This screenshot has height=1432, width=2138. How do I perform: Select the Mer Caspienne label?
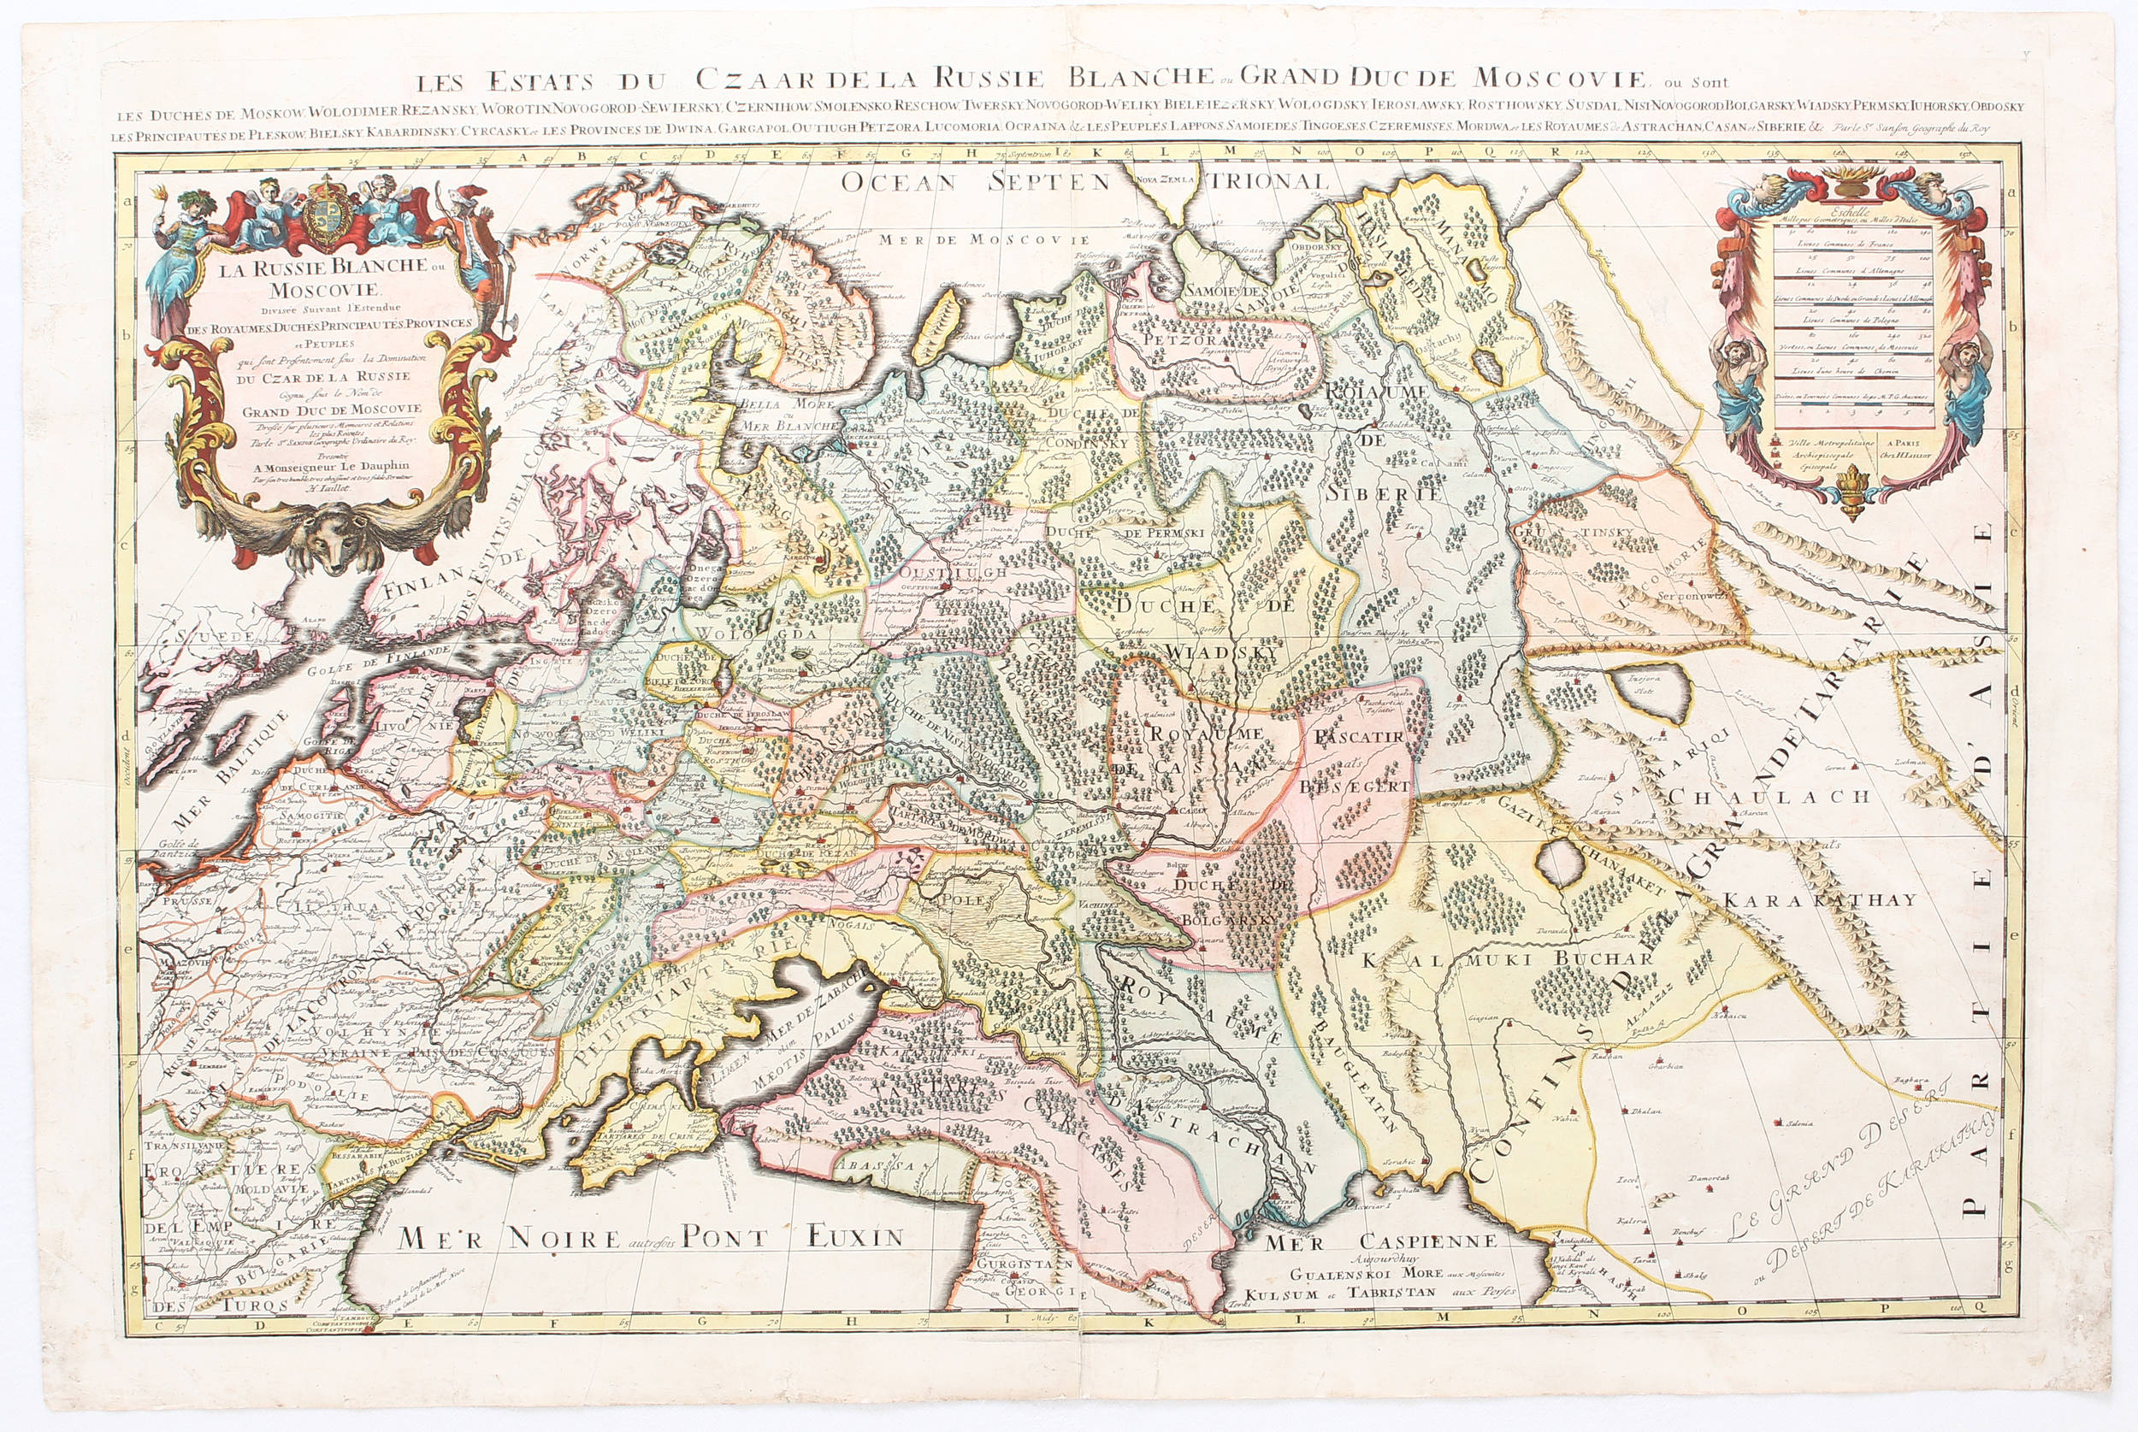pos(1380,1241)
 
